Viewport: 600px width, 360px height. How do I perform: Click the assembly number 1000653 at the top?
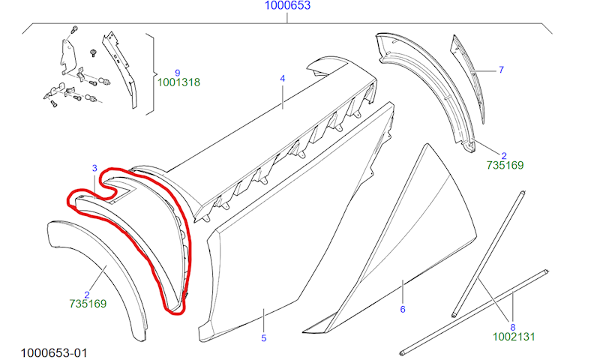coord(287,5)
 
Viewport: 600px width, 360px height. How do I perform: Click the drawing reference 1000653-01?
coord(54,352)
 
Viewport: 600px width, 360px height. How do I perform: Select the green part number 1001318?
coord(178,82)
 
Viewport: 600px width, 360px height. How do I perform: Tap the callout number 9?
coord(177,73)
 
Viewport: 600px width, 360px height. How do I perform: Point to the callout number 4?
coord(283,79)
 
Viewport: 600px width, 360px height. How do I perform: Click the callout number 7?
coord(501,70)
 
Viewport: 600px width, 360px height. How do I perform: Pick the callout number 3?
coord(94,168)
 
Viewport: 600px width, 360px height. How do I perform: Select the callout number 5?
coord(264,338)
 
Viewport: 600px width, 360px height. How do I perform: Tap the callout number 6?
coord(403,309)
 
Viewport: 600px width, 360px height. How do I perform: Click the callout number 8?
coord(513,328)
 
